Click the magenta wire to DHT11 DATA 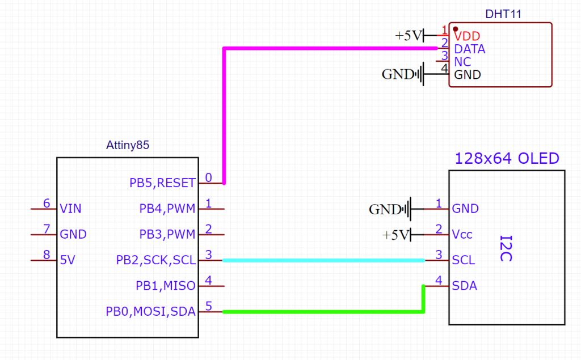tap(225, 113)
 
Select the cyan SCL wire tap(323, 260)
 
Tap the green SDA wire tap(323, 312)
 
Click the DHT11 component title tap(503, 13)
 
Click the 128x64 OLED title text tap(507, 158)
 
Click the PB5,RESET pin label tap(162, 183)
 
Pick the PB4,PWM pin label tap(167, 209)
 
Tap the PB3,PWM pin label tap(167, 234)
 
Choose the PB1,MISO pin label tap(166, 286)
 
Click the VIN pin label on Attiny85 tap(70, 209)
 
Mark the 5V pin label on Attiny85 tap(67, 260)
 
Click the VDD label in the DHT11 tap(468, 36)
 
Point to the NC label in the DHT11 tap(462, 62)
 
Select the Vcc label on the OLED tap(462, 234)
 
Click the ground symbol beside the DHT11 tap(420, 74)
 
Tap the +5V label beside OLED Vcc tap(395, 235)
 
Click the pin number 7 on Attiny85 tap(47, 229)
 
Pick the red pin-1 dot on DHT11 tap(455, 29)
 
